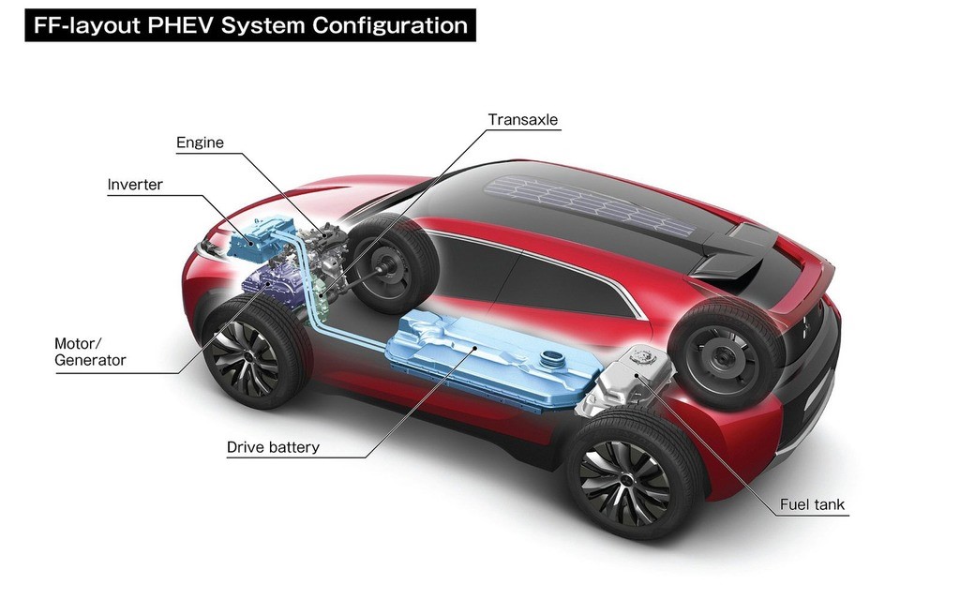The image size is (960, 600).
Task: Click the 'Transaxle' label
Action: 523,119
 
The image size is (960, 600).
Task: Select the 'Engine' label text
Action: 201,142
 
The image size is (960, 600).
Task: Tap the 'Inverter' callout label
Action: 135,185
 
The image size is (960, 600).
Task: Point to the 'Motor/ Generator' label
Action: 90,352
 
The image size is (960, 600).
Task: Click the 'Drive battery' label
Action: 273,447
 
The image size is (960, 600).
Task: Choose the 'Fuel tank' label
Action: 812,504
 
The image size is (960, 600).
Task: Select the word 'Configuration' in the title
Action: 390,25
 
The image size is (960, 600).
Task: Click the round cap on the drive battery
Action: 552,356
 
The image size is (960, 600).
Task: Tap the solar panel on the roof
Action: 590,204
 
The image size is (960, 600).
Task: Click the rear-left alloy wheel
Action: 633,474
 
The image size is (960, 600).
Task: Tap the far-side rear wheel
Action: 727,353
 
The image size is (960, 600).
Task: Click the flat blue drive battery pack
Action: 489,359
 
